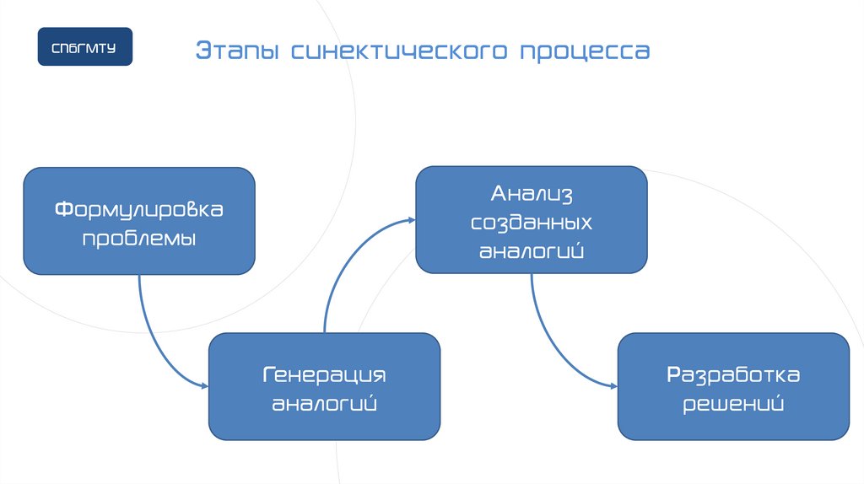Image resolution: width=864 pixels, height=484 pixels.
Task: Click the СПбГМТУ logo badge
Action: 84,46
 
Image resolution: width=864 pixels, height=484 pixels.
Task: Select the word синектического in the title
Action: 398,51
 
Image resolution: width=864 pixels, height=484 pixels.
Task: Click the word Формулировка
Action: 139,208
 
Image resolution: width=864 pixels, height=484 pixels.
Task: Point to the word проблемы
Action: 139,238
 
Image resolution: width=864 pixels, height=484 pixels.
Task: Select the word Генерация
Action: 324,374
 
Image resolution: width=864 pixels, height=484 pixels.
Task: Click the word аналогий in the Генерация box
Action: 324,403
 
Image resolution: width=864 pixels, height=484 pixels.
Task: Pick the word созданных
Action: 532,223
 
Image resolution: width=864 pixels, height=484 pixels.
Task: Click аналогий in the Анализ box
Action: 532,251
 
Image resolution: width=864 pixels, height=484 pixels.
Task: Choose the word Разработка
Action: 733,374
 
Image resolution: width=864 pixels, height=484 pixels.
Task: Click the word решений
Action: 733,403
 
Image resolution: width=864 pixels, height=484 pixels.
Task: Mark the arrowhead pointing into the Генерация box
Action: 204,386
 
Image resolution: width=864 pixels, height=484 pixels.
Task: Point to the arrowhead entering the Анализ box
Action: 411,219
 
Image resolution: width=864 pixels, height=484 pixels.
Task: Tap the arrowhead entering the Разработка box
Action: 613,386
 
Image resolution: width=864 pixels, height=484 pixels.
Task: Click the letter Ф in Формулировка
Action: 62,208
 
